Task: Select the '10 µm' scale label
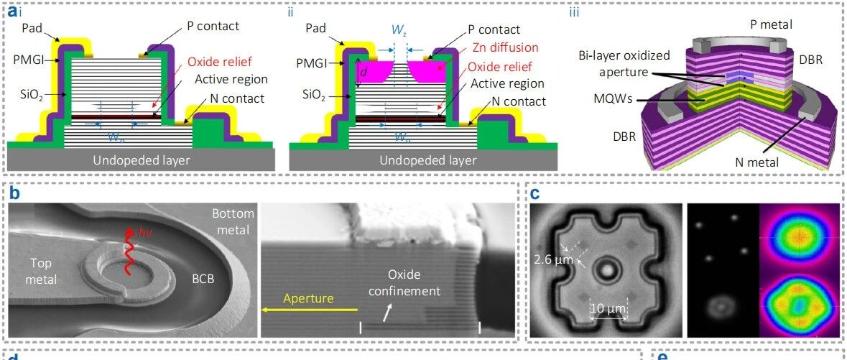point(608,310)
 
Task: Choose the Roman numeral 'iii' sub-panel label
point(573,11)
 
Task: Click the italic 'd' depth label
point(363,71)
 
